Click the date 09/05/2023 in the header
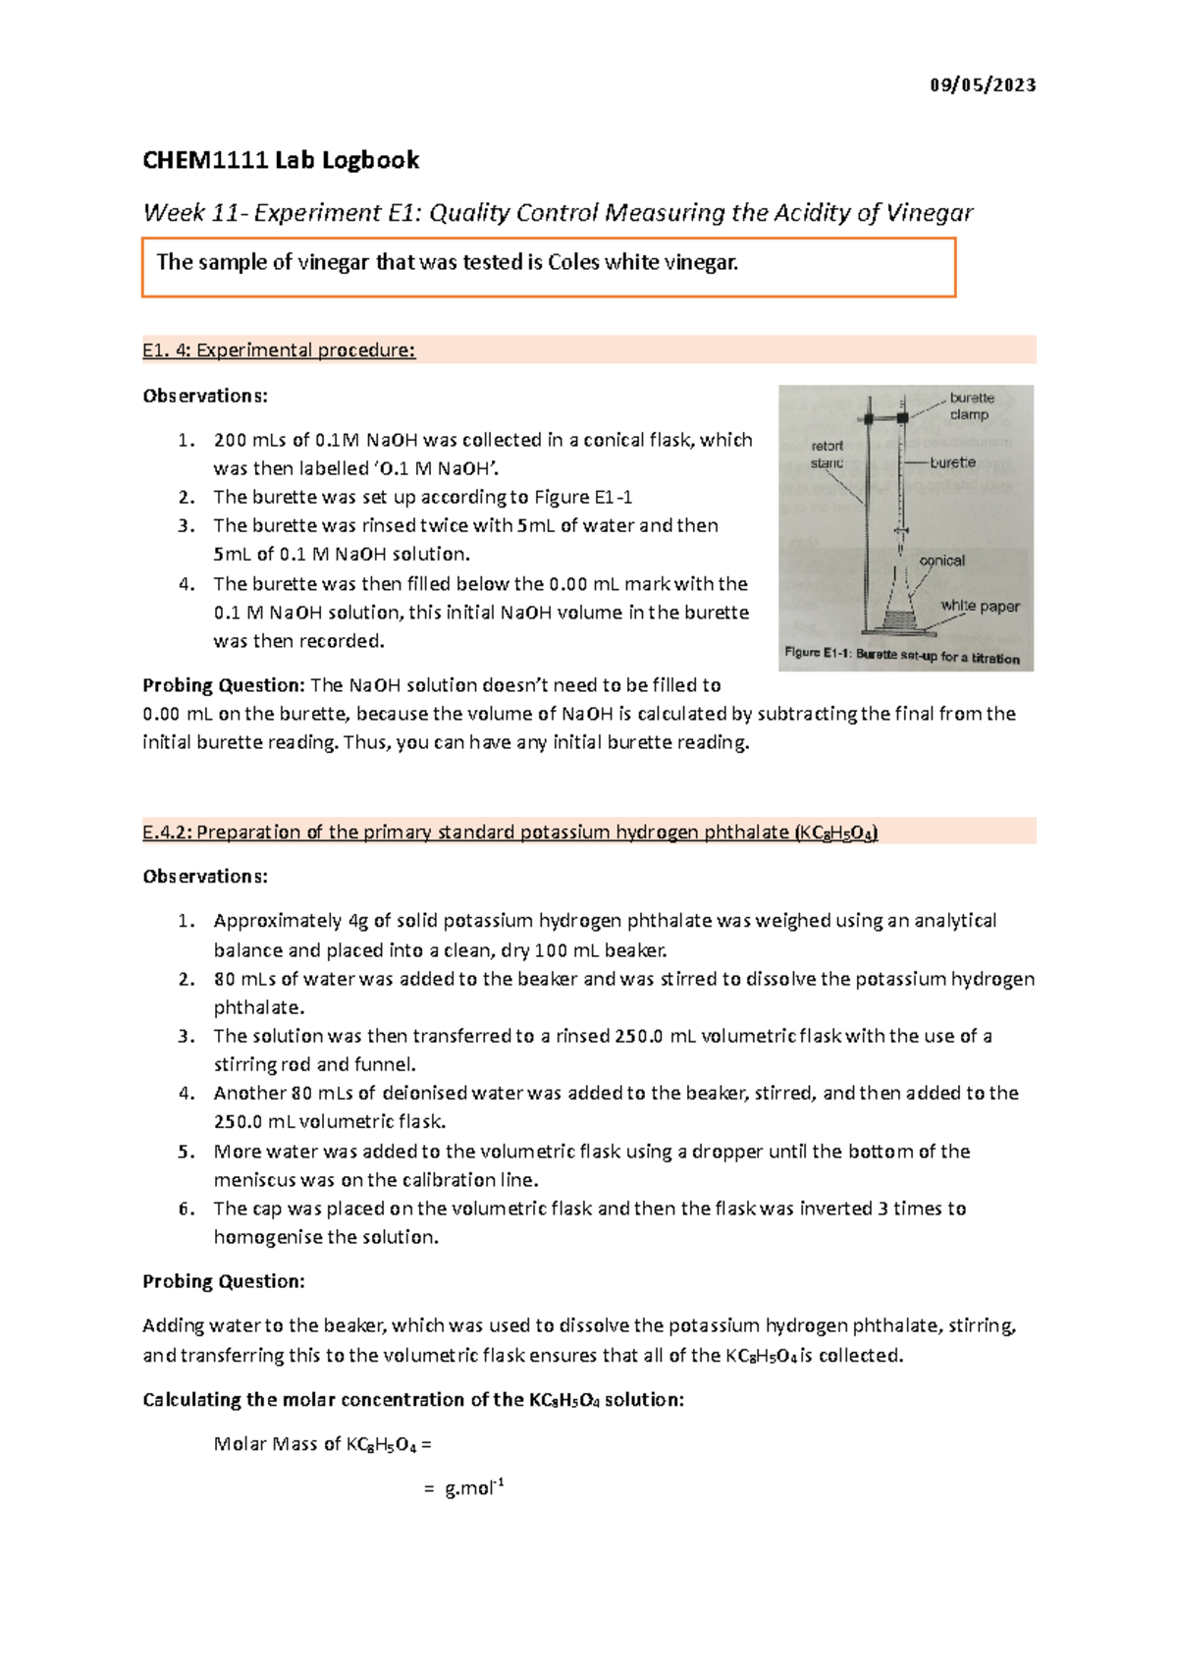(983, 85)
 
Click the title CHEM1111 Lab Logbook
(281, 160)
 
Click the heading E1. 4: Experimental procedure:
(279, 350)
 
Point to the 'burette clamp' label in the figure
(971, 406)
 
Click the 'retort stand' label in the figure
(827, 454)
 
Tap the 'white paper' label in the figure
(980, 606)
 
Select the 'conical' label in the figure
(941, 561)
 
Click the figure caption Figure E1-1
(901, 656)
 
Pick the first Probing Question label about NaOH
(224, 685)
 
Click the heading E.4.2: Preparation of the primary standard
(509, 833)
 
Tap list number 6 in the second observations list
(187, 1209)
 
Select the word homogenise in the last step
(267, 1237)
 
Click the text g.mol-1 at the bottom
(474, 1488)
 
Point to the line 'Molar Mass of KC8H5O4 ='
(322, 1444)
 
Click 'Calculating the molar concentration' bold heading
(412, 1400)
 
